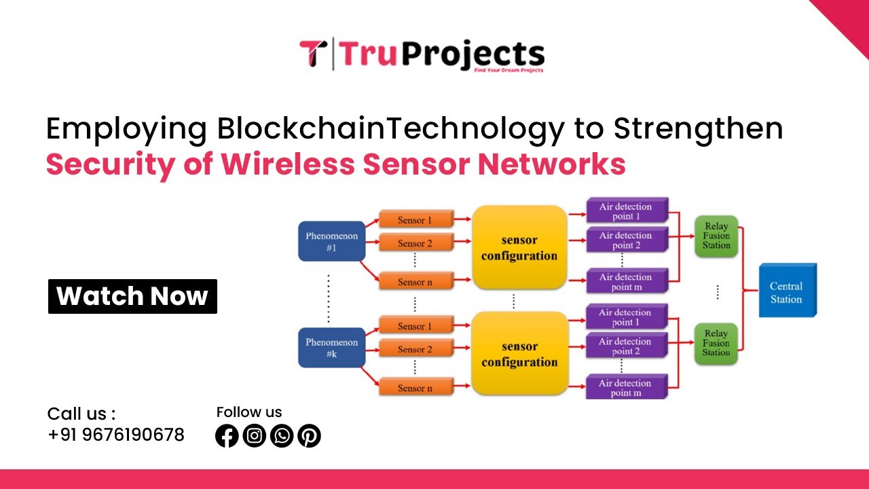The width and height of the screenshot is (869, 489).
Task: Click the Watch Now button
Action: point(132,296)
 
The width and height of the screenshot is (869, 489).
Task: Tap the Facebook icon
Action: point(227,435)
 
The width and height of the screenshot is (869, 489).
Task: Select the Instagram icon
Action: point(254,435)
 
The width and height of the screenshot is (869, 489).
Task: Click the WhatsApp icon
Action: point(282,435)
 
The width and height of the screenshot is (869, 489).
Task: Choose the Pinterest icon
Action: point(309,435)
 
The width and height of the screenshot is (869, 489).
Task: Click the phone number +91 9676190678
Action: point(116,435)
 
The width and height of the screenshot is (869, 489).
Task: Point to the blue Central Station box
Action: point(787,291)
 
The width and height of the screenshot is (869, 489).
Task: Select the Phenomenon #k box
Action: point(331,348)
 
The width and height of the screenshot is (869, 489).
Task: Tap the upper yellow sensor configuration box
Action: point(519,248)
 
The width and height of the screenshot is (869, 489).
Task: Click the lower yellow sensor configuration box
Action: point(519,354)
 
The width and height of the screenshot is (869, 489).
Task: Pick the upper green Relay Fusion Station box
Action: point(716,236)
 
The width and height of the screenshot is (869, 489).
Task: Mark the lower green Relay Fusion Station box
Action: point(716,343)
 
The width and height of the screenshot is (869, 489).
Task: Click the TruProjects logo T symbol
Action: point(313,54)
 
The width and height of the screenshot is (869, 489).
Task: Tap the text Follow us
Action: point(249,412)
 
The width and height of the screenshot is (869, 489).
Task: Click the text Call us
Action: point(81,414)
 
